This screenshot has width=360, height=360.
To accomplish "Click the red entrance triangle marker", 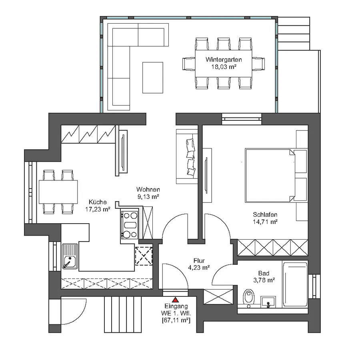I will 175,299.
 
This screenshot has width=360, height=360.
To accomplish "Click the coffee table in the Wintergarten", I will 153,77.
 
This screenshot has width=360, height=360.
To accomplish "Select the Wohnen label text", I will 148,189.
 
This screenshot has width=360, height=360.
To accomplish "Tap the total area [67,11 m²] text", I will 175,320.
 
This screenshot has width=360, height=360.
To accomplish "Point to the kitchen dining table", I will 58,192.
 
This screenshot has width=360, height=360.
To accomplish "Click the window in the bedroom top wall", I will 242,118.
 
